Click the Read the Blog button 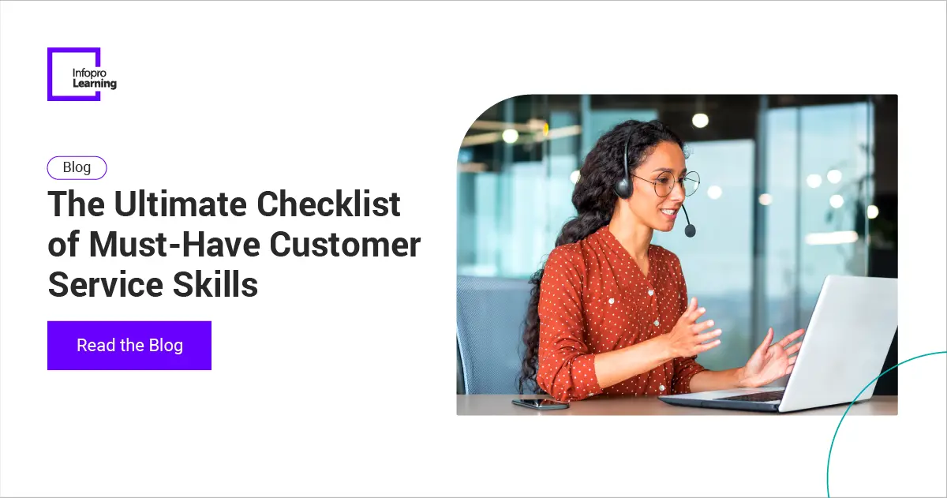pyautogui.click(x=129, y=346)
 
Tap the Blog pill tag pyautogui.click(x=77, y=167)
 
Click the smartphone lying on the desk pyautogui.click(x=540, y=403)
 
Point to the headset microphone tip pyautogui.click(x=690, y=230)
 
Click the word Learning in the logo pyautogui.click(x=94, y=84)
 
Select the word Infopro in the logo pyautogui.click(x=88, y=73)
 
